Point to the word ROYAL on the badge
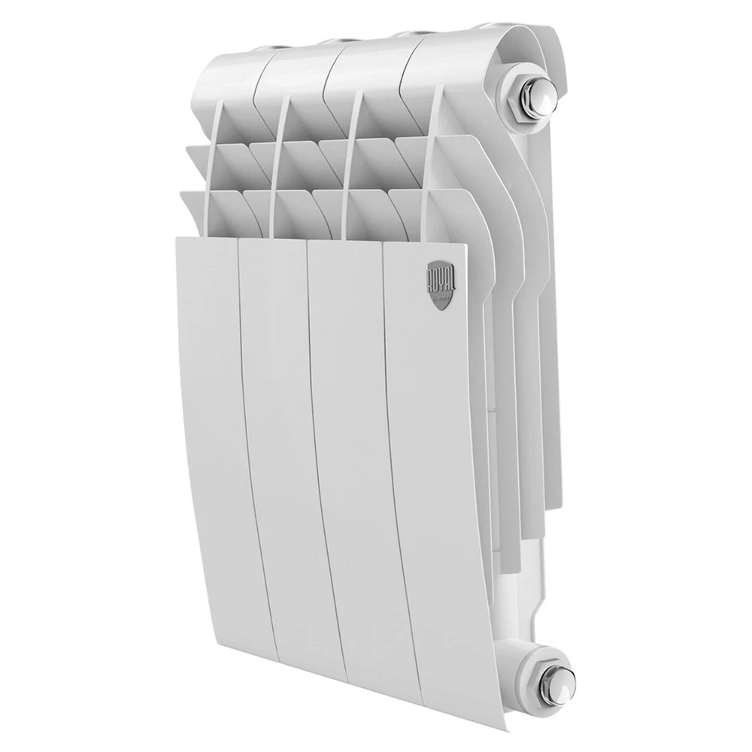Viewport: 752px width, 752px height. tap(437, 274)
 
